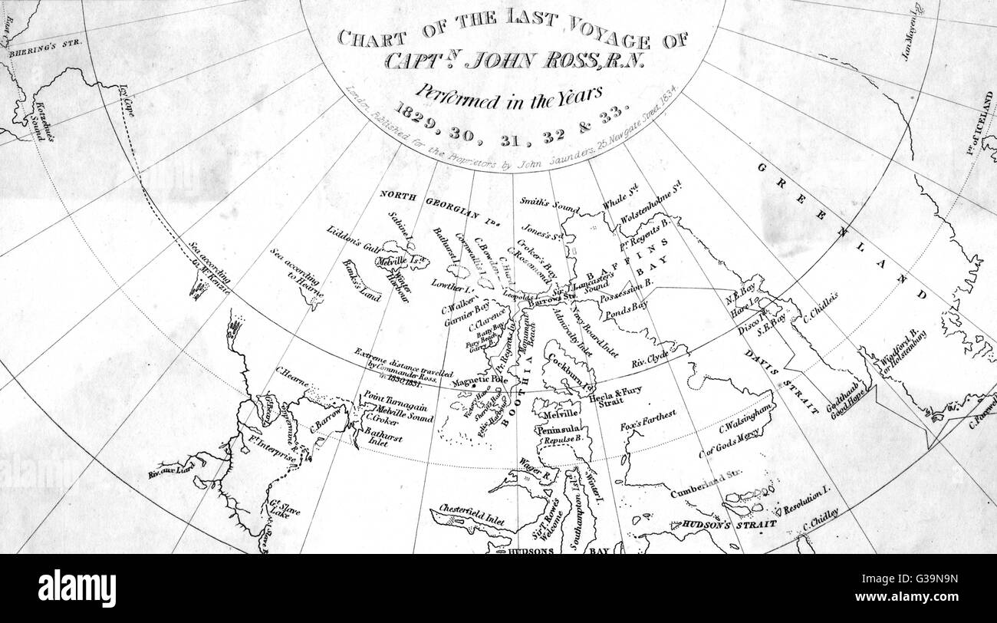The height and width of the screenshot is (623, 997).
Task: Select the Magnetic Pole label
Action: click(480, 381)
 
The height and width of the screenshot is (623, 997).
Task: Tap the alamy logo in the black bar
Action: click(77, 588)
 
